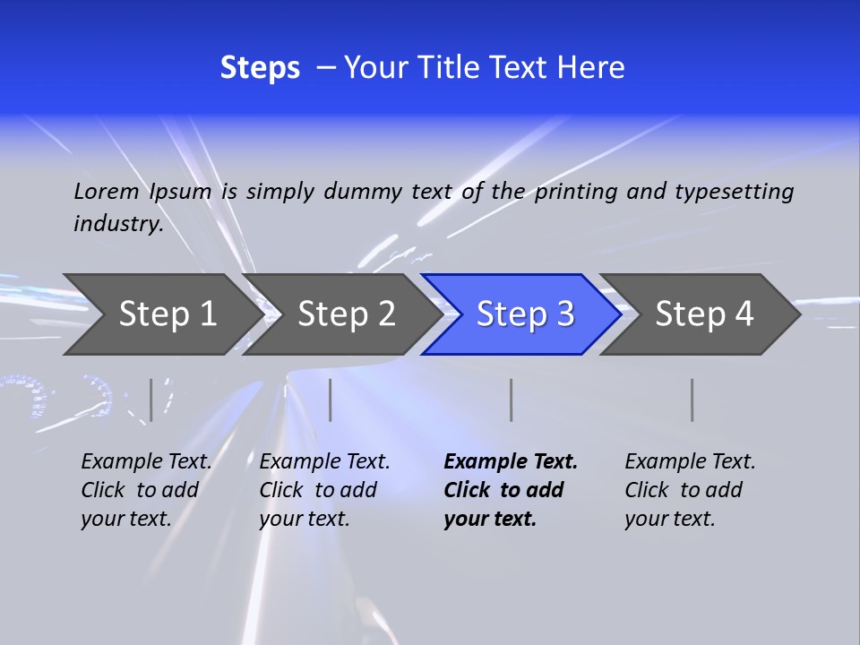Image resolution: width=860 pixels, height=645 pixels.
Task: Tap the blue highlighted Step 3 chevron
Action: (x=525, y=314)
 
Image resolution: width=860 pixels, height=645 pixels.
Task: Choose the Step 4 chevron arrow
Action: (x=704, y=314)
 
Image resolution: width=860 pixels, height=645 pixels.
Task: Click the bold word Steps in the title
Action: (x=260, y=68)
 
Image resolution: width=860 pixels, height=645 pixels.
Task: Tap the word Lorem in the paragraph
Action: (x=107, y=191)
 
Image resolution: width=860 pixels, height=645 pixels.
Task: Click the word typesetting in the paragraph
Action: (x=734, y=191)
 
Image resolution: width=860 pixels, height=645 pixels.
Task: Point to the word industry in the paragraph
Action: (x=117, y=223)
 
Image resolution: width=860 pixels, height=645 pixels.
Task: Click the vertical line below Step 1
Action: (x=151, y=400)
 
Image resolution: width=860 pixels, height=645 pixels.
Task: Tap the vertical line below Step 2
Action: (x=331, y=400)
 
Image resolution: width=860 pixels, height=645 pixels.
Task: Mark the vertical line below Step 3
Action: (x=511, y=400)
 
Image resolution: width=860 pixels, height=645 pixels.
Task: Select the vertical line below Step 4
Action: (x=692, y=400)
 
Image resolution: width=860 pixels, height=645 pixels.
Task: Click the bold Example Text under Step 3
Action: (x=511, y=461)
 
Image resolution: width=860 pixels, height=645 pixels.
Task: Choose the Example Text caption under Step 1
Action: (x=146, y=461)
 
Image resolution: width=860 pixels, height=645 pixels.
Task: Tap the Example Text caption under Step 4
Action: (x=690, y=461)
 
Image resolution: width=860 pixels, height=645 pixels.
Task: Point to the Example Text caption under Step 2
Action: (x=324, y=461)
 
